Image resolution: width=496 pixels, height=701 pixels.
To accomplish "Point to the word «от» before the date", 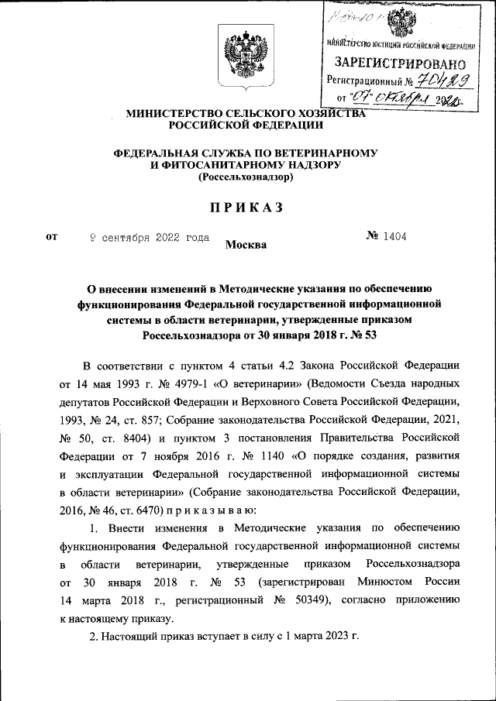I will tap(52, 237).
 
